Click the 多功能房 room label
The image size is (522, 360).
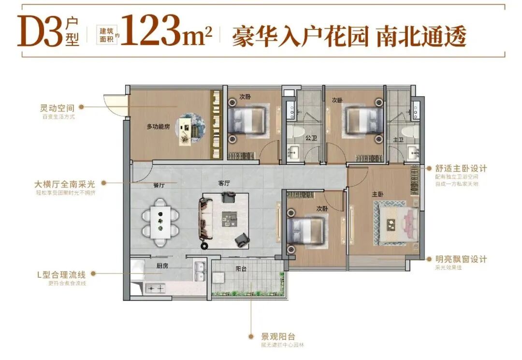click(x=158, y=127)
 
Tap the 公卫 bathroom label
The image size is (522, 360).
click(x=310, y=138)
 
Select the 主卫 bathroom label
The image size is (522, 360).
click(x=398, y=140)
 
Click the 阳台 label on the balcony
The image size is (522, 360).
click(x=241, y=269)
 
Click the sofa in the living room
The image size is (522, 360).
click(x=205, y=220)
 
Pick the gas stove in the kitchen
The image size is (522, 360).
click(x=155, y=288)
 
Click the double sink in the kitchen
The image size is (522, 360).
click(x=200, y=272)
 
